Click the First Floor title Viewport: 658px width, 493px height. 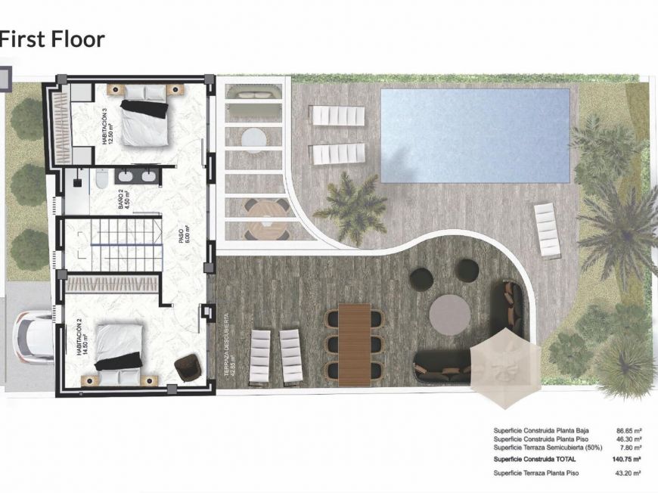tap(52, 39)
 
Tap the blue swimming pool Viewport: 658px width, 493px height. tap(475, 135)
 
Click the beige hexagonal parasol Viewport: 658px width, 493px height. tap(504, 365)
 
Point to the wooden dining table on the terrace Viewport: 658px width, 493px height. tap(355, 344)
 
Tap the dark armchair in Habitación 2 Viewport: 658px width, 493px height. tap(187, 368)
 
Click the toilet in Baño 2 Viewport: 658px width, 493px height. tap(101, 178)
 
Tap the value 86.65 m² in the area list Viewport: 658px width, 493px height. tap(629, 429)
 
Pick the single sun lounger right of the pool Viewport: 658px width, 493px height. tap(547, 230)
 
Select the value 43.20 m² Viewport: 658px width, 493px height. tap(629, 473)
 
